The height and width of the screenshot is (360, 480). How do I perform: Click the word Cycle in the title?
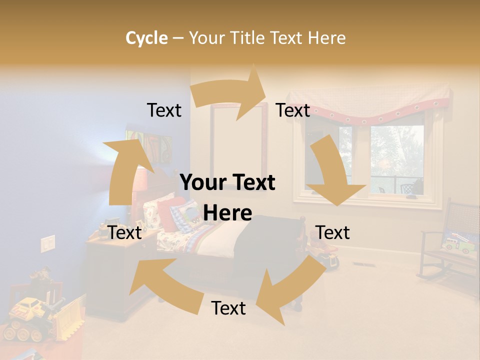(146, 38)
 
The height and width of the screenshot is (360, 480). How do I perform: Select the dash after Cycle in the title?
(177, 38)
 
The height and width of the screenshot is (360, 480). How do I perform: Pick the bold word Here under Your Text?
(227, 213)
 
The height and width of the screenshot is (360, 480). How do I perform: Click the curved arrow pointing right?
(230, 93)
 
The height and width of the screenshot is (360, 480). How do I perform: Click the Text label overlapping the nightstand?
(125, 232)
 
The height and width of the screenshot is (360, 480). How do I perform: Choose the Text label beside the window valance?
(293, 110)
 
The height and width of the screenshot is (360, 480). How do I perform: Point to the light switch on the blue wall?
(48, 243)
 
